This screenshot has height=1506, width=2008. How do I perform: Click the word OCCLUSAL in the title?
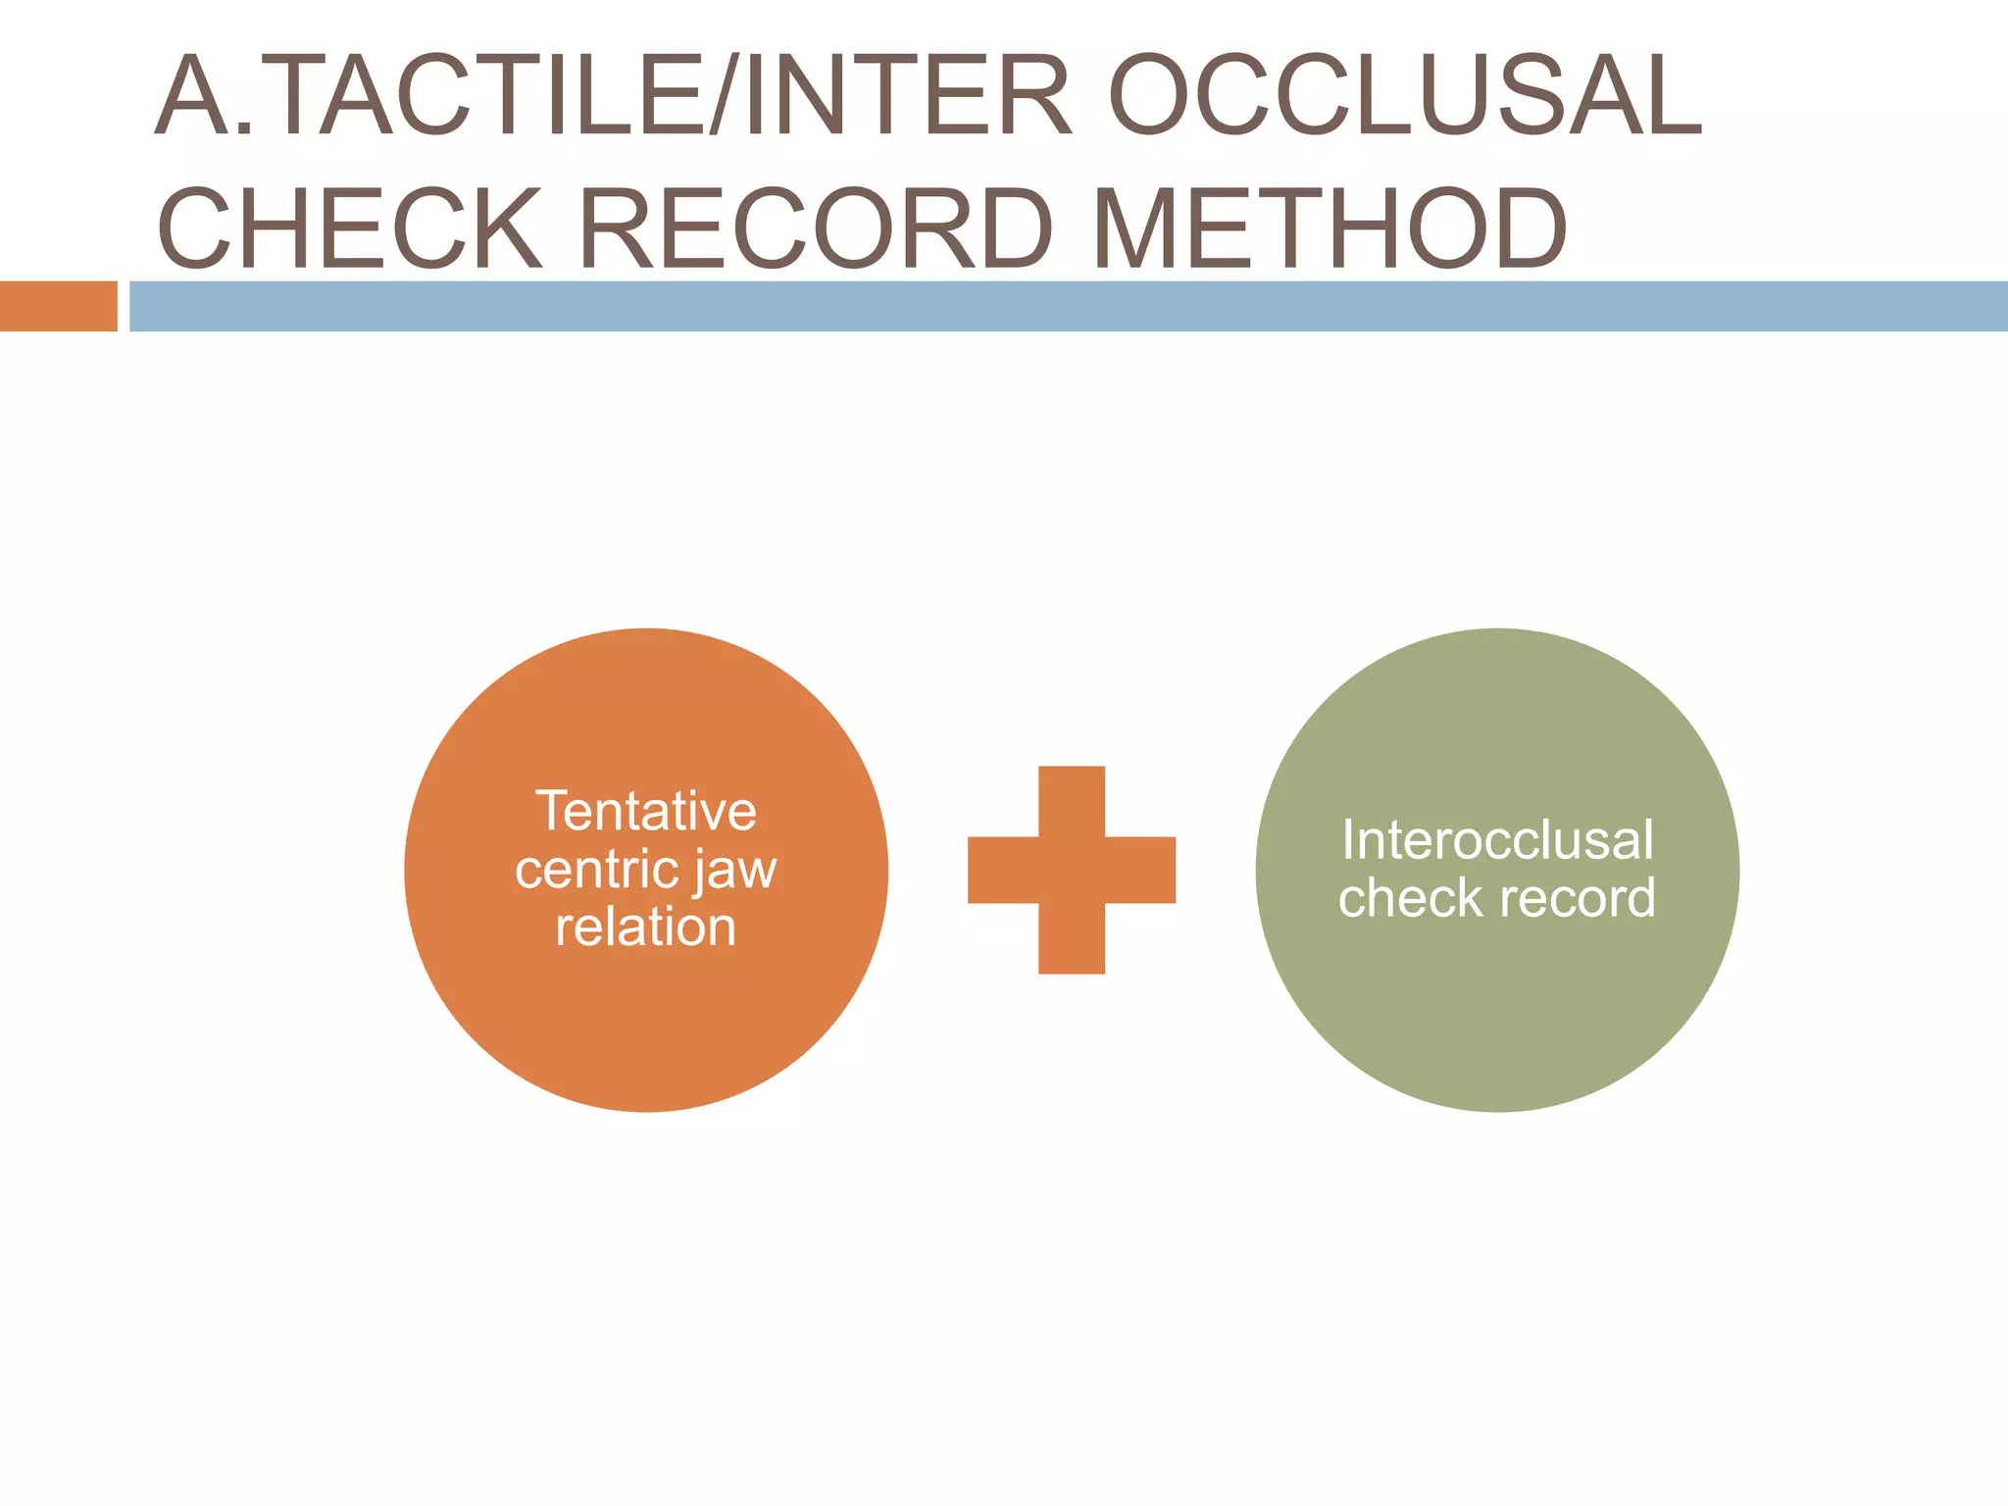1405,95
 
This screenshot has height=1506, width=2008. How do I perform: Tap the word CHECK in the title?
349,227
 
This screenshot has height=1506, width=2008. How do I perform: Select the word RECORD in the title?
816,227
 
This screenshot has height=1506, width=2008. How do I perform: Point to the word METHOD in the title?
1330,227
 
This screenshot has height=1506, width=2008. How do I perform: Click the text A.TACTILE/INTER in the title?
613,95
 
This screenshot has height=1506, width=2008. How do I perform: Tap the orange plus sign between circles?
1072,870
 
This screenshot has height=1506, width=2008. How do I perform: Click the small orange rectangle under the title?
59,306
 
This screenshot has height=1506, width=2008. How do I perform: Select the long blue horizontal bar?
1069,306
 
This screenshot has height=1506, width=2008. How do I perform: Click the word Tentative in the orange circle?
646,811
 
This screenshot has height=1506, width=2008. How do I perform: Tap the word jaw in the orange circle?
736,873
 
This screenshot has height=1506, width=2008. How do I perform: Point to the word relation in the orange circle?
646,927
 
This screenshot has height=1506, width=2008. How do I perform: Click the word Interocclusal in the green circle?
1497,839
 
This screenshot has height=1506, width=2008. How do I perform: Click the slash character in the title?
722,95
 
